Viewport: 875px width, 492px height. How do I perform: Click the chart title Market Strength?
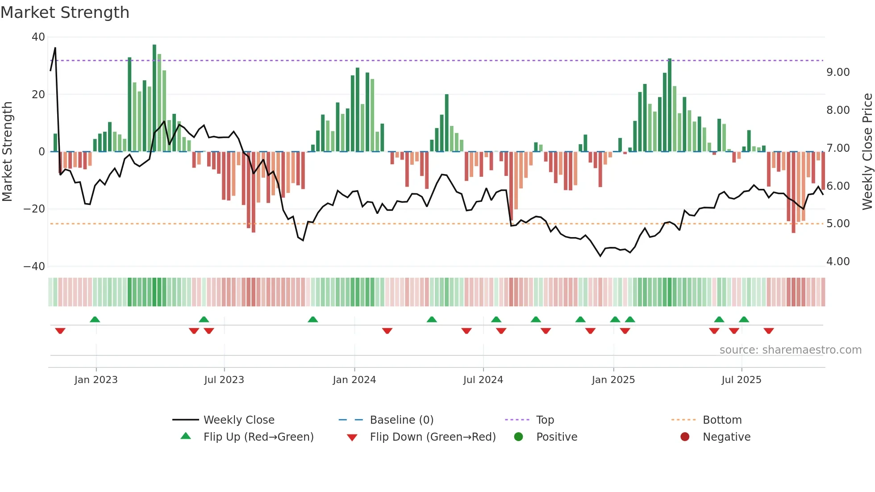[x=65, y=13]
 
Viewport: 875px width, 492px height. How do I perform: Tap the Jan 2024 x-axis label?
[x=354, y=380]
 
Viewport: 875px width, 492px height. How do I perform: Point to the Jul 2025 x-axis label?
[x=741, y=380]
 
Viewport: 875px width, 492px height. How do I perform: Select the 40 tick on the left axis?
[x=38, y=37]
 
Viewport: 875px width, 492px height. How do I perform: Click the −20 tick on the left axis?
[x=34, y=209]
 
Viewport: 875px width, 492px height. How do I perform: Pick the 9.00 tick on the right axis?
[x=838, y=72]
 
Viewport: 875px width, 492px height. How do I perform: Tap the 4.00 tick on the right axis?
[x=838, y=262]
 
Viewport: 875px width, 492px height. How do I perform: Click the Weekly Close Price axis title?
[x=867, y=152]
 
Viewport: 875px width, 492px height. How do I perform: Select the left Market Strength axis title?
[x=8, y=152]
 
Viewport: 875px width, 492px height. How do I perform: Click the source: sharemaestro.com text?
[x=790, y=350]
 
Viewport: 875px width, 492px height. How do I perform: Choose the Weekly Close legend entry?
[x=239, y=420]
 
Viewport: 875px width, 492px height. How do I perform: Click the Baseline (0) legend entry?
[x=401, y=420]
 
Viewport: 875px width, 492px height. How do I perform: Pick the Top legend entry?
[x=545, y=420]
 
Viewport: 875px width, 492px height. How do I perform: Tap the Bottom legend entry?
[x=722, y=420]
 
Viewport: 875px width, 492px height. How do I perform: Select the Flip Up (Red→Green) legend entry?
[x=258, y=437]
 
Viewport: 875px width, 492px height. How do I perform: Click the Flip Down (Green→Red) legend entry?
[x=432, y=437]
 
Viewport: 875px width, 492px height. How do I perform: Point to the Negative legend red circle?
[x=685, y=437]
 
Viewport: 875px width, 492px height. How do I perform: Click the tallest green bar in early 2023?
[x=154, y=98]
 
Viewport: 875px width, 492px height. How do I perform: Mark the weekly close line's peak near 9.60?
[x=55, y=48]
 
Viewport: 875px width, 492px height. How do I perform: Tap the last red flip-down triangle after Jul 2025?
[x=768, y=331]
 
